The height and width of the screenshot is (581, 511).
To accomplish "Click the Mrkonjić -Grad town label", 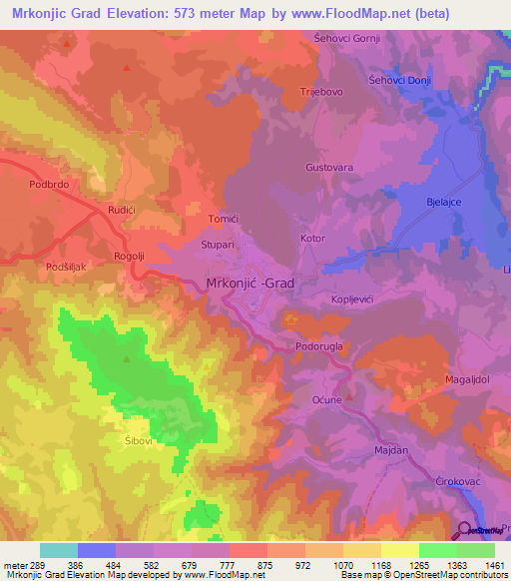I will click(x=250, y=283).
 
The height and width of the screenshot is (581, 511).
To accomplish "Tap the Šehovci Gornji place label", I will click(x=347, y=39).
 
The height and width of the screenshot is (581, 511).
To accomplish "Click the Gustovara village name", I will click(x=329, y=168).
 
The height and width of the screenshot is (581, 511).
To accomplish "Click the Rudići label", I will click(x=121, y=210).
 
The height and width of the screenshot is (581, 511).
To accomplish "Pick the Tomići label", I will click(x=223, y=219).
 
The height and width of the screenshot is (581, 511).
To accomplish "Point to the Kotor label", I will click(x=312, y=239).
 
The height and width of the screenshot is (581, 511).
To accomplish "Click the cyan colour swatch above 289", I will click(x=59, y=550).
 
